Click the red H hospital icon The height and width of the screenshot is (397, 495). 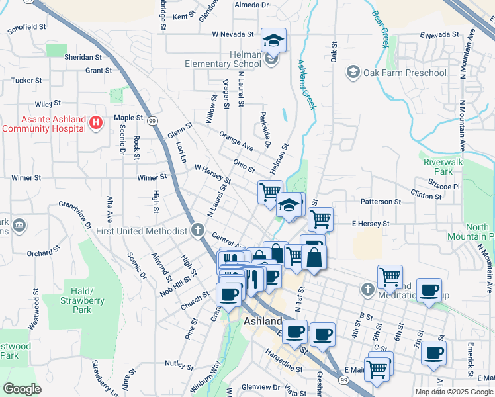click(x=96, y=122)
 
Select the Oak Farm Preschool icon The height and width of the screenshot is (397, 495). click(x=353, y=72)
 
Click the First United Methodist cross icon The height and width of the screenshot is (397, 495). click(x=197, y=230)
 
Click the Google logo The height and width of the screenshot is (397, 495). click(x=22, y=389)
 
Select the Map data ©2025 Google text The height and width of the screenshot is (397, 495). click(x=453, y=392)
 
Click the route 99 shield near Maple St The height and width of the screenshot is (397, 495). click(x=152, y=121)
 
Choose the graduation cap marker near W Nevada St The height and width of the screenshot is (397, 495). click(x=273, y=40)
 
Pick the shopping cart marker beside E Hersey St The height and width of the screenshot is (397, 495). click(x=320, y=218)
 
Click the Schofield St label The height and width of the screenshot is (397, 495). click(x=27, y=29)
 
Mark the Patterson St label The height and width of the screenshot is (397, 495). click(x=381, y=201)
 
